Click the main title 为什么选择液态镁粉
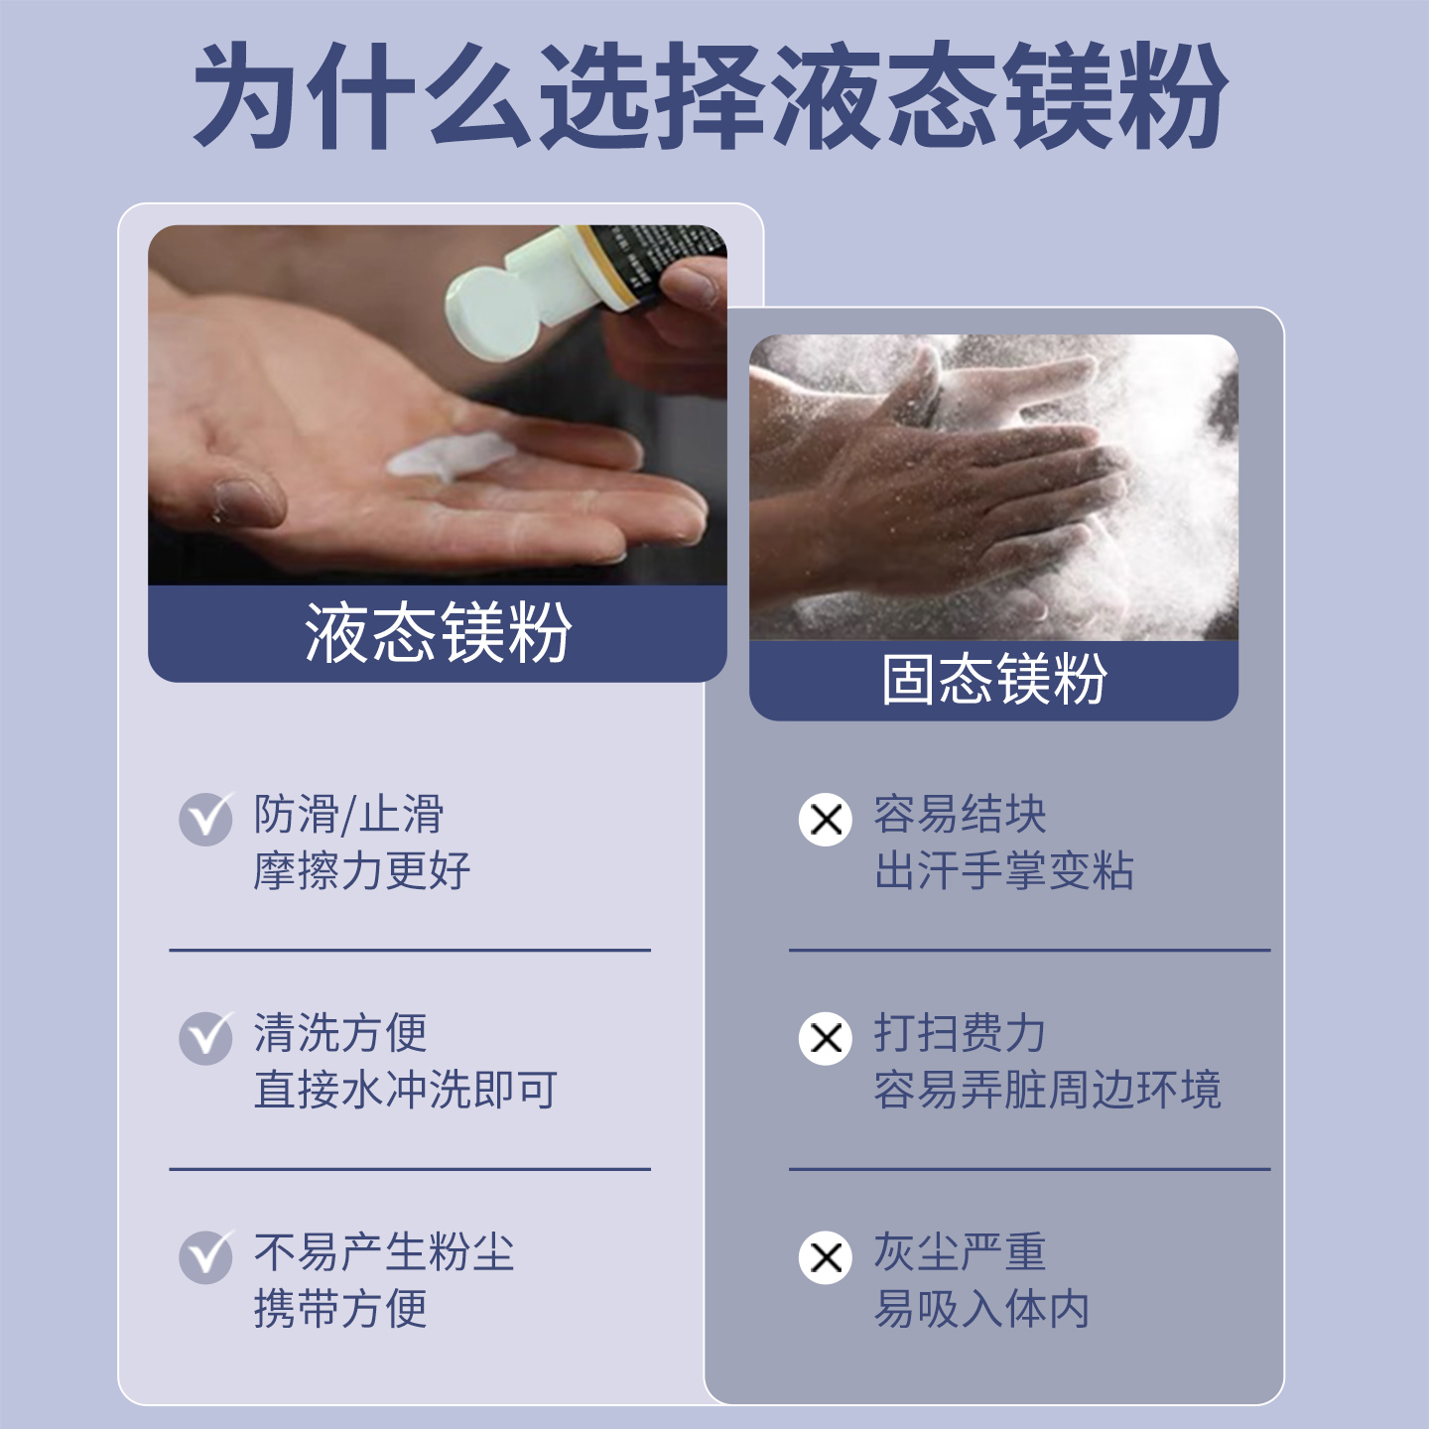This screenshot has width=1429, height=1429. coord(711,96)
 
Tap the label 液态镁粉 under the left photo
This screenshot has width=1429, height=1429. coord(438,633)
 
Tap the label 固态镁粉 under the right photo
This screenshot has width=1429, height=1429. coord(994,680)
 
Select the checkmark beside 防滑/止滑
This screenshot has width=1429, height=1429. coord(205,819)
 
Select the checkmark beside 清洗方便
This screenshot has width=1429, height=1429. coord(205,1038)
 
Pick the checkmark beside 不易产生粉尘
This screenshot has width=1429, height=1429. coord(205,1257)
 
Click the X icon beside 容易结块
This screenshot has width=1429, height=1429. coord(826,820)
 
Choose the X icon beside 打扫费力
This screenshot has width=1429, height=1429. coord(826,1038)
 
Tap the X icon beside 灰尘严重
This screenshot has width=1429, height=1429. coord(826,1257)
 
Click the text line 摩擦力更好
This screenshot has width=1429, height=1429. coord(361,871)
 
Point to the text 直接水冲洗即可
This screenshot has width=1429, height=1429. coord(405,1090)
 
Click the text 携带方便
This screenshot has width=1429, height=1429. coord(340,1309)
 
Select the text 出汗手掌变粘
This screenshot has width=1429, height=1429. coord(1003,871)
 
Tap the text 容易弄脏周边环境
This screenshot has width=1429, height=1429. coord(1047,1090)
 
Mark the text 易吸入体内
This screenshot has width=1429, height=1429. coord(981,1309)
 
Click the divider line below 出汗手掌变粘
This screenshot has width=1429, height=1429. coord(1029,951)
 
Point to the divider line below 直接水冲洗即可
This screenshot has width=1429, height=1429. coord(410,1169)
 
